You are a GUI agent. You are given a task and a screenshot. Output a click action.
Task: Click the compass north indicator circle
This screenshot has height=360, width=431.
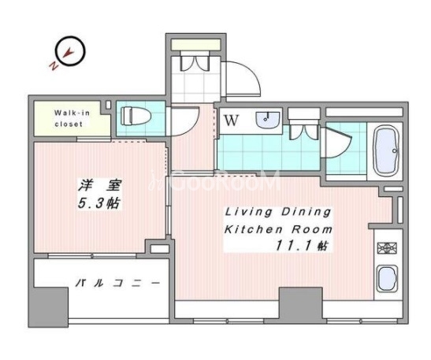[83, 51]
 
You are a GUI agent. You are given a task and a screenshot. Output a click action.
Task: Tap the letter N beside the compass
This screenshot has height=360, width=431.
[54, 65]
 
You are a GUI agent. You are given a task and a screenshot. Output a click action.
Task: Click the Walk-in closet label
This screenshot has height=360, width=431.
[72, 118]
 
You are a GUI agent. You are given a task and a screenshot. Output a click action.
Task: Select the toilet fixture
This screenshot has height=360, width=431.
[136, 116]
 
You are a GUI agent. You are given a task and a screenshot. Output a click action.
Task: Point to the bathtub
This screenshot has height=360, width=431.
[386, 151]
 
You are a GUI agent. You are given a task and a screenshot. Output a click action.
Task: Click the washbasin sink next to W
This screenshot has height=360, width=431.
[267, 120]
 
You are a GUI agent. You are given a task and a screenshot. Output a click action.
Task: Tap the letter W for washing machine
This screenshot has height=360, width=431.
[231, 120]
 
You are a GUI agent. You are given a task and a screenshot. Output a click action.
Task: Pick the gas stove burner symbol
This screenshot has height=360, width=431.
[387, 248]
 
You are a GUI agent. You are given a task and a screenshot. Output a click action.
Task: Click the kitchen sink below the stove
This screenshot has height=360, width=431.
[387, 278]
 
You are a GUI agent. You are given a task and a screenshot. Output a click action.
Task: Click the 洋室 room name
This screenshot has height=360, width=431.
[99, 185]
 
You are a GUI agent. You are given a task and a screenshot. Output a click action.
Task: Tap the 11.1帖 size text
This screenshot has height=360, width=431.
[303, 246]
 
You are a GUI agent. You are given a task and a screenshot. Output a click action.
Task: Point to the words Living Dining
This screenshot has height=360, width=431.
[278, 213]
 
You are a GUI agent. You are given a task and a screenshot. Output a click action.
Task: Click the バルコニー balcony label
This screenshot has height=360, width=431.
[118, 283]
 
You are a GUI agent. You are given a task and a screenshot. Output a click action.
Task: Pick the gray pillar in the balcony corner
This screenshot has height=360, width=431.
[48, 307]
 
